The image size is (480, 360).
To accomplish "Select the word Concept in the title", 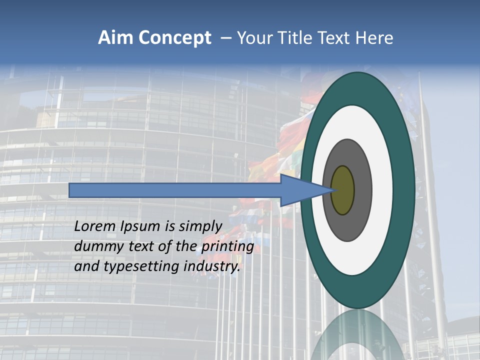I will pyautogui.click(x=175, y=38).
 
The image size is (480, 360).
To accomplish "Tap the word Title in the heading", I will pyautogui.click(x=297, y=38).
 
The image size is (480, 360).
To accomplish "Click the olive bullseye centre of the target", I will pyautogui.click(x=342, y=190).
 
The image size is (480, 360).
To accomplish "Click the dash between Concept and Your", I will pyautogui.click(x=225, y=38).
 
